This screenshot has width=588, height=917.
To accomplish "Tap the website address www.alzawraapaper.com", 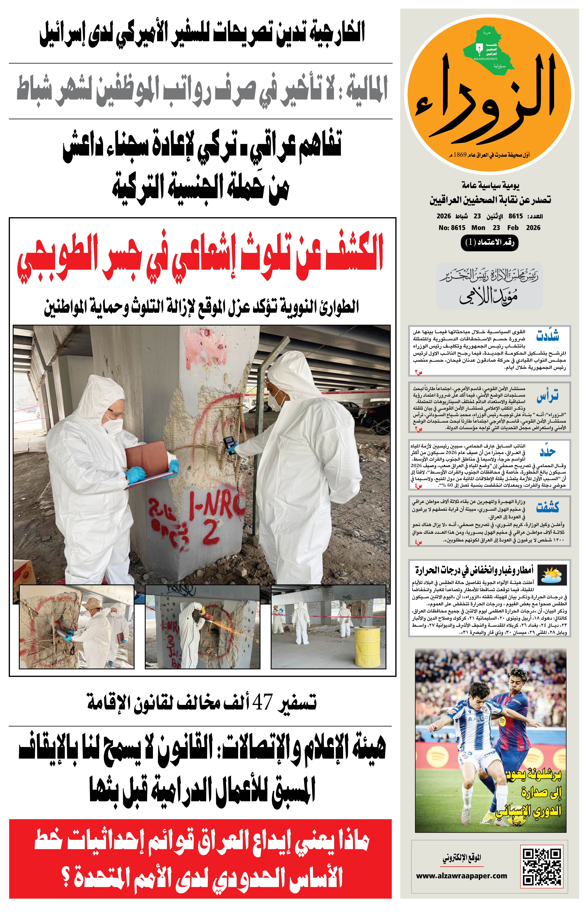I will (461, 875).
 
